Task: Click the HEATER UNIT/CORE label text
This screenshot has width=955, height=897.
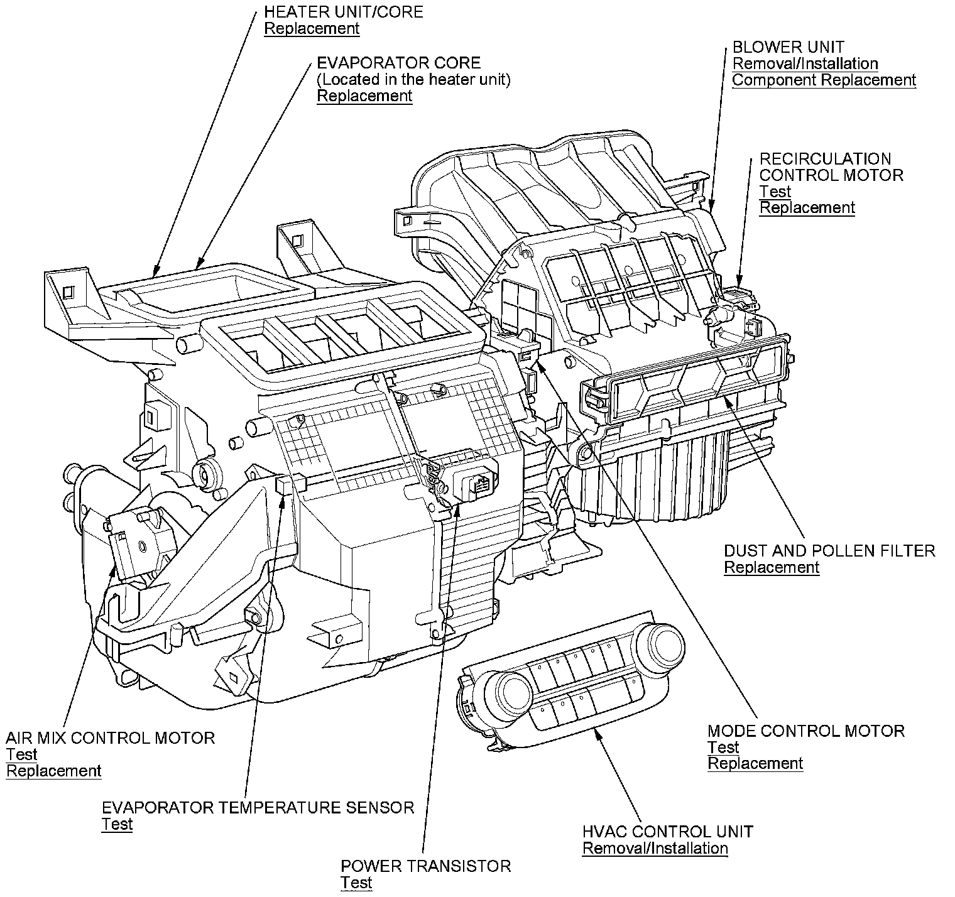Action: [x=343, y=12]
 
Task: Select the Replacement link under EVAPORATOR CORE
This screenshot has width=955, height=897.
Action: [x=364, y=96]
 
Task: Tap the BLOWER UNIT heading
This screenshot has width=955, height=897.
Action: [x=788, y=47]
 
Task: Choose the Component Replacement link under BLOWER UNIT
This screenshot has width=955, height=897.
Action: [x=824, y=80]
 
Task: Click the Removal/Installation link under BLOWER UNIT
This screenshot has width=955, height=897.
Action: [x=805, y=63]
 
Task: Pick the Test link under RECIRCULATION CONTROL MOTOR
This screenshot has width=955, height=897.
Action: [x=775, y=192]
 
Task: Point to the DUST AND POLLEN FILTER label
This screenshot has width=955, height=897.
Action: [x=829, y=551]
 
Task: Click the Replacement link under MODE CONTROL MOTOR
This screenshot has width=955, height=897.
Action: [x=755, y=764]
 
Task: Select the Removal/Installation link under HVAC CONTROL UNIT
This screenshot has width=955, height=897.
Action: [x=655, y=849]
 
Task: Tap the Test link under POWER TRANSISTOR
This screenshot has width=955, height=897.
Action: [x=356, y=883]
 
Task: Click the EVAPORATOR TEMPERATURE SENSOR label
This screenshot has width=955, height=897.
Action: [x=258, y=808]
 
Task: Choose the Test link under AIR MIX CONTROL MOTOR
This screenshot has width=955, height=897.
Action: [x=21, y=754]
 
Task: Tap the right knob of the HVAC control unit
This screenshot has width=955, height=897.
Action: [x=665, y=642]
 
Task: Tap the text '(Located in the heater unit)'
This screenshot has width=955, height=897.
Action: [x=413, y=80]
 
